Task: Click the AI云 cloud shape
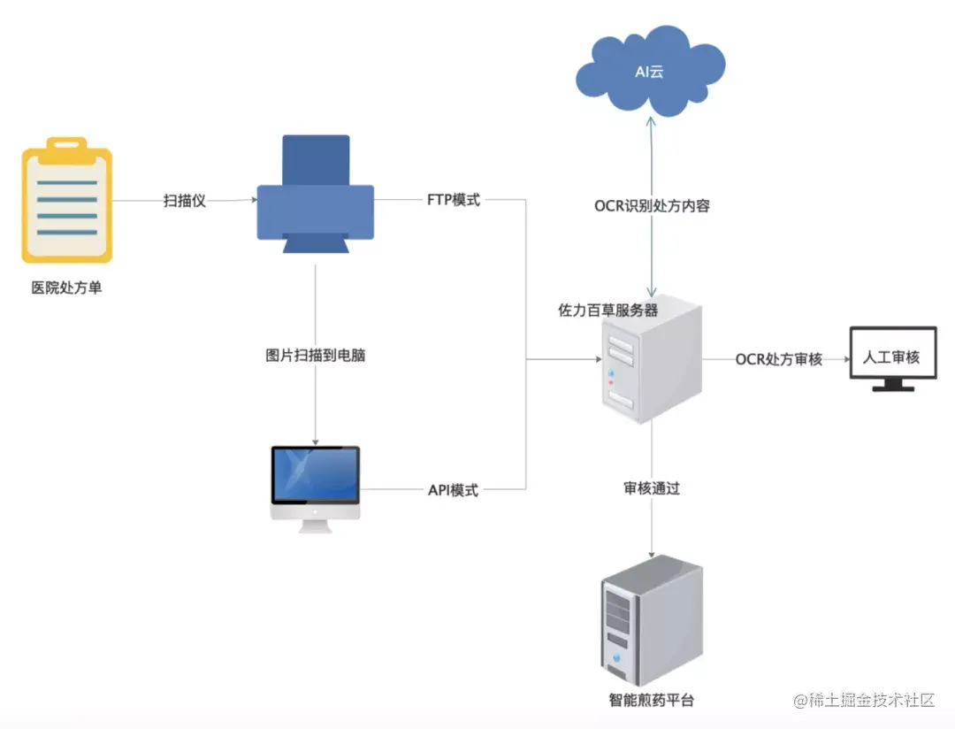pyautogui.click(x=650, y=72)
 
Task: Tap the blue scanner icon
pyautogui.click(x=316, y=195)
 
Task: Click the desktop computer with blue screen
pyautogui.click(x=316, y=487)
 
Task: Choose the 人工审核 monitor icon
pyautogui.click(x=892, y=357)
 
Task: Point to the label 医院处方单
pyautogui.click(x=66, y=288)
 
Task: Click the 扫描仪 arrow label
pyautogui.click(x=185, y=201)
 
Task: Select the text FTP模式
pyautogui.click(x=453, y=200)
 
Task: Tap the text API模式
pyautogui.click(x=453, y=489)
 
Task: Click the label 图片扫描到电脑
pyautogui.click(x=316, y=357)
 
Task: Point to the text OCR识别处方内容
pyautogui.click(x=652, y=206)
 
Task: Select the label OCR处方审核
pyautogui.click(x=779, y=359)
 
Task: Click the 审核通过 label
pyautogui.click(x=652, y=487)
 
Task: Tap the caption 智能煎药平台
pyautogui.click(x=652, y=700)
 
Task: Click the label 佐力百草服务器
pyautogui.click(x=607, y=311)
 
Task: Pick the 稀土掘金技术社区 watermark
pyautogui.click(x=864, y=701)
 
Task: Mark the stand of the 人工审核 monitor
pyautogui.click(x=892, y=385)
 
